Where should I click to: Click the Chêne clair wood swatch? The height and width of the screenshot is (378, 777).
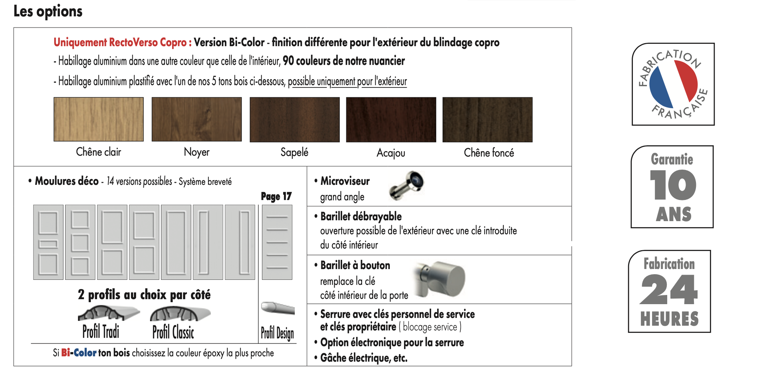pyautogui.click(x=99, y=119)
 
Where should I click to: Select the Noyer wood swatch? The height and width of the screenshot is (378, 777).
pyautogui.click(x=196, y=119)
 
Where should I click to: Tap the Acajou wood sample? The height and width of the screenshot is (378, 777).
pyautogui.click(x=391, y=120)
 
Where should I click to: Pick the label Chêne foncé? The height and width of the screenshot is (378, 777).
pyautogui.click(x=489, y=153)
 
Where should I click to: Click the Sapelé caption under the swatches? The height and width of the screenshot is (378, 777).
pyautogui.click(x=294, y=152)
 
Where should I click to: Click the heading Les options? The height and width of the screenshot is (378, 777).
pyautogui.click(x=48, y=11)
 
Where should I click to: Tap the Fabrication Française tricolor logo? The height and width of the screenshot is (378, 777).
pyautogui.click(x=673, y=84)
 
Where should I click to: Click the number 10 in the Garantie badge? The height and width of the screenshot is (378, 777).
pyautogui.click(x=673, y=185)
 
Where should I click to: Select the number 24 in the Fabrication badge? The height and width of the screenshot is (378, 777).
pyautogui.click(x=669, y=290)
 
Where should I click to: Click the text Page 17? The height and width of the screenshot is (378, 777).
pyautogui.click(x=276, y=196)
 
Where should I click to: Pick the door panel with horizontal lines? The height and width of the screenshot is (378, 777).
pyautogui.click(x=277, y=242)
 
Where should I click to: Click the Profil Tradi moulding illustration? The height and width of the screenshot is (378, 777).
pyautogui.click(x=108, y=313)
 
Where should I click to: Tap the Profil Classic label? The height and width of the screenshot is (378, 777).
pyautogui.click(x=173, y=332)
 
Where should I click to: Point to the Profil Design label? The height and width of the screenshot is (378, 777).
pyautogui.click(x=277, y=333)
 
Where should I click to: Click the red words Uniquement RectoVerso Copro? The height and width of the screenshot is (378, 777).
pyautogui.click(x=122, y=42)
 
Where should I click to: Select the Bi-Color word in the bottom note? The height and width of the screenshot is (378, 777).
pyautogui.click(x=79, y=353)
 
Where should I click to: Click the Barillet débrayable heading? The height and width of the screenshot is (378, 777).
pyautogui.click(x=361, y=217)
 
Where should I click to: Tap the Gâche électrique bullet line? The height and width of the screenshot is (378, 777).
pyautogui.click(x=363, y=358)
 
